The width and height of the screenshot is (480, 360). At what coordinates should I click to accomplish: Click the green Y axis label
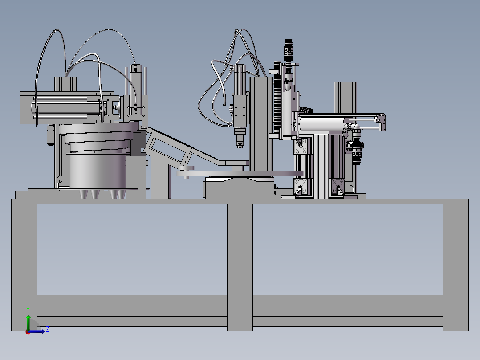coord(28,310)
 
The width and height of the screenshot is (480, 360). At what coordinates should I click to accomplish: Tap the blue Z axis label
coord(48,330)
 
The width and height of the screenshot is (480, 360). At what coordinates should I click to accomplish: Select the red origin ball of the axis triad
coord(28,332)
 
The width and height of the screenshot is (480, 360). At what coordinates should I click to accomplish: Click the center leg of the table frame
coord(240,265)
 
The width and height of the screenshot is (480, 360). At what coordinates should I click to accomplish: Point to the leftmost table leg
coord(24,265)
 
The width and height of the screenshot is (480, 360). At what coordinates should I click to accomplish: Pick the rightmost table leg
coord(456,265)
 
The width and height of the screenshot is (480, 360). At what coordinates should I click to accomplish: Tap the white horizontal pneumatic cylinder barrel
coord(321,123)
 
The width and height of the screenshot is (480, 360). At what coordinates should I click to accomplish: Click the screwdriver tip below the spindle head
coord(240,145)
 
